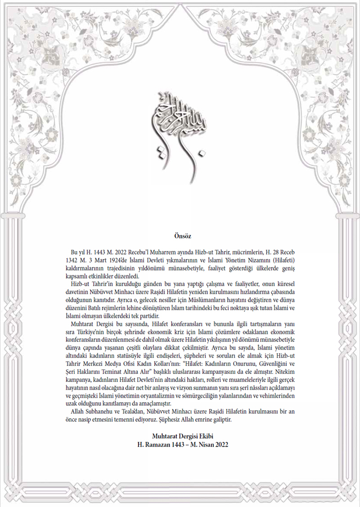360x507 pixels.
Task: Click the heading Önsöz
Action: click(x=183, y=235)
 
